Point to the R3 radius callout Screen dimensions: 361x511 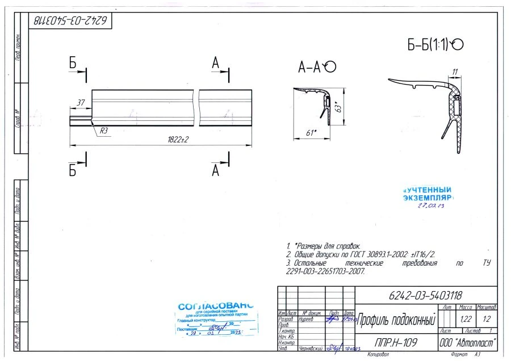104,130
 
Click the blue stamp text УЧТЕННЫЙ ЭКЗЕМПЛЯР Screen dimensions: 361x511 428,194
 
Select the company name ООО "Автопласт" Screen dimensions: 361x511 468,343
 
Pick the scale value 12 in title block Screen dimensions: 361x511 487,319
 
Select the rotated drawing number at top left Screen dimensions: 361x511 70,21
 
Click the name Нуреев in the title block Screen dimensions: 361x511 307,320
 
